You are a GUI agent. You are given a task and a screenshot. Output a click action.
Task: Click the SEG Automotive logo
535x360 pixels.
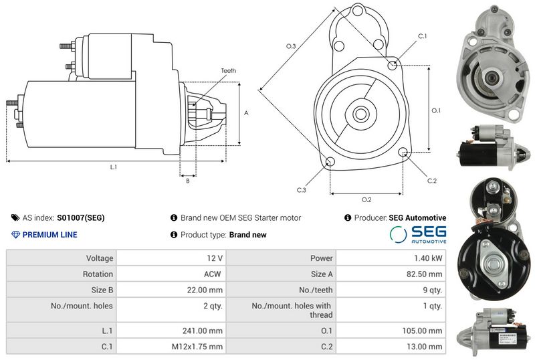pos(418,234)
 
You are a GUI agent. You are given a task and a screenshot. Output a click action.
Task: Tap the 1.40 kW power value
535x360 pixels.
pos(428,258)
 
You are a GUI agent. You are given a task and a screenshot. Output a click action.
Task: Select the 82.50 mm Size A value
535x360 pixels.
pos(424,274)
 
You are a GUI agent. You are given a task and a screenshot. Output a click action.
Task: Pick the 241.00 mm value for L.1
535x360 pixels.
pos(203,331)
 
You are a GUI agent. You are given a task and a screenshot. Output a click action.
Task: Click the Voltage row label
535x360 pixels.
pos(99,258)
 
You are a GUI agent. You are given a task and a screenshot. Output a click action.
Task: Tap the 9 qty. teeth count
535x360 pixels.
pos(432,290)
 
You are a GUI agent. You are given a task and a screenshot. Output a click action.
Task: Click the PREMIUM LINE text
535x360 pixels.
pos(49,235)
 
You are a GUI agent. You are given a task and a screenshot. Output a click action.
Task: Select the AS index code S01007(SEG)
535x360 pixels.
pos(80,217)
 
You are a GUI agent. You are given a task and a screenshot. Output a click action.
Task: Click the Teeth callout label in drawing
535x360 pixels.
pos(228,71)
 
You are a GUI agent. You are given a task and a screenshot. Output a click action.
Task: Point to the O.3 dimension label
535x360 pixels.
pos(291,46)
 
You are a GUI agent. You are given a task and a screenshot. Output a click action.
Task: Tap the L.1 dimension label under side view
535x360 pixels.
pos(113,167)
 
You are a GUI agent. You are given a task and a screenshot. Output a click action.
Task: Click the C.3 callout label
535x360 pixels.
pos(302,190)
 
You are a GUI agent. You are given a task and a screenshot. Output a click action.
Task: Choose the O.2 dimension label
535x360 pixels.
pos(366,199)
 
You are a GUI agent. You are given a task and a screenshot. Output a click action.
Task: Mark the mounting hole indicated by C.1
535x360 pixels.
pos(393,64)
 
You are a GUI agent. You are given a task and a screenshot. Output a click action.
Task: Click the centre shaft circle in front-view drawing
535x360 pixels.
pos(360,114)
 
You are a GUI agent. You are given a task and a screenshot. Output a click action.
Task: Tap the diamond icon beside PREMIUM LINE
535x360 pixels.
pos(15,235)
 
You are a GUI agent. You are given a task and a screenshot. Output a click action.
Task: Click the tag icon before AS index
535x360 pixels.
pos(15,217)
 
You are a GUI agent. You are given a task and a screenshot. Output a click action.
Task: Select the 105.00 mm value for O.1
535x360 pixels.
pos(422,331)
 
